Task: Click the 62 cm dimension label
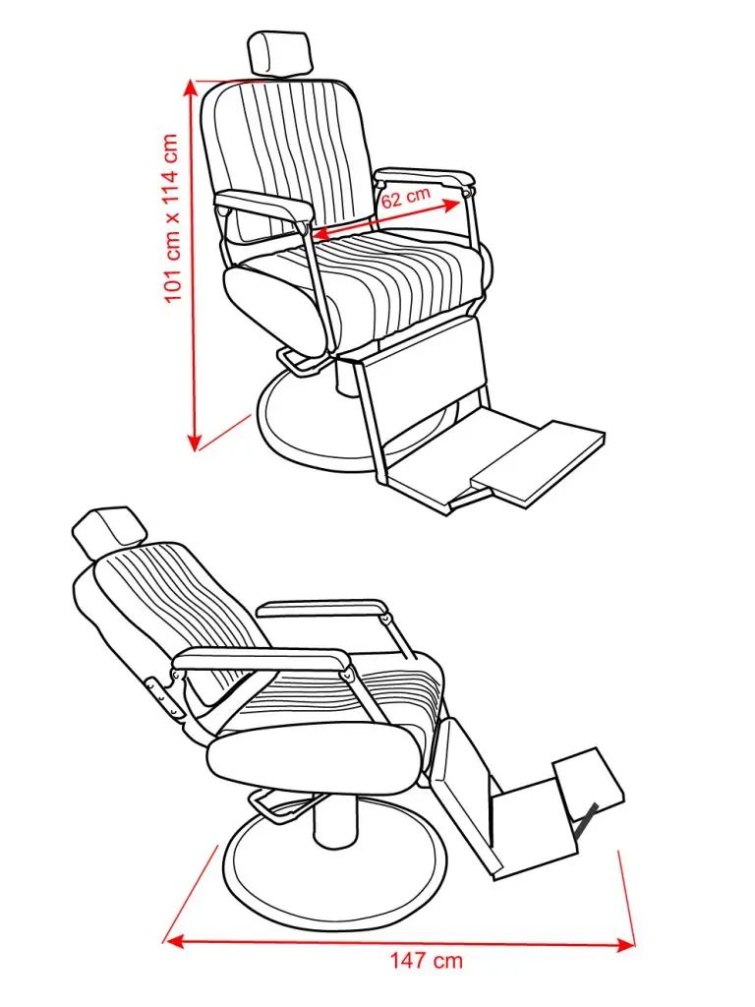pos(406,197)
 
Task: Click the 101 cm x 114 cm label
pos(171,218)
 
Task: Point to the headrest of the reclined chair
pos(109,530)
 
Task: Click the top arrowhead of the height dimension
pos(191,89)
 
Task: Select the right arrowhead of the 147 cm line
pos(624,944)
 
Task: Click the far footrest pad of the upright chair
pos(538,464)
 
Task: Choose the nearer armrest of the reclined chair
pos(263,660)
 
